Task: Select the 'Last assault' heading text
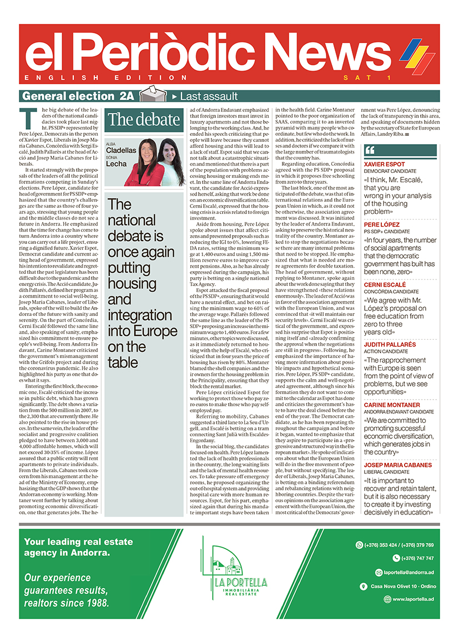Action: point(209,96)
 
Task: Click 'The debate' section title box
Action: point(144,119)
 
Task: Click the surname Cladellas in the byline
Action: point(121,150)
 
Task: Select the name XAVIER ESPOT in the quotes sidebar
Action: point(392,165)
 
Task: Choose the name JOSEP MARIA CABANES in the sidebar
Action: point(398,465)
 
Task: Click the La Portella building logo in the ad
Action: point(228,569)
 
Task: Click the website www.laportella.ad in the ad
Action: point(413,599)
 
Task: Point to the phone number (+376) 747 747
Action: point(413,558)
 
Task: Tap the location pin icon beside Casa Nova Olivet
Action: point(363,586)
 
